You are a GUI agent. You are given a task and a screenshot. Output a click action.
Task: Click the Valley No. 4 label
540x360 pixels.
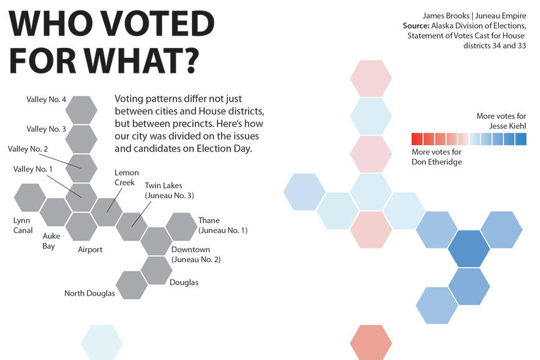point(46,99)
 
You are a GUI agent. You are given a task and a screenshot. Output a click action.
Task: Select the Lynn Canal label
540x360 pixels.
point(22,225)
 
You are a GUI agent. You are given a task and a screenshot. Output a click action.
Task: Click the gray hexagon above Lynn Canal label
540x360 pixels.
point(29,197)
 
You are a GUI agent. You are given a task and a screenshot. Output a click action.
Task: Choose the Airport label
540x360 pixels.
point(90,250)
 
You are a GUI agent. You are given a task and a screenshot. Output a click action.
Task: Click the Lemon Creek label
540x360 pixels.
point(126,178)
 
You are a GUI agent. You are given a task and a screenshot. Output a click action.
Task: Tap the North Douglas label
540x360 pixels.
point(90,293)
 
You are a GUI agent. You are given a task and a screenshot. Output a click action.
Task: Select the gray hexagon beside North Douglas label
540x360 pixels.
point(131,285)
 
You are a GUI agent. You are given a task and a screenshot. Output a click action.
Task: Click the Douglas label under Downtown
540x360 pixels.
point(184,282)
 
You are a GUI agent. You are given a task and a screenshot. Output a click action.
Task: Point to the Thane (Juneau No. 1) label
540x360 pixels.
point(222,225)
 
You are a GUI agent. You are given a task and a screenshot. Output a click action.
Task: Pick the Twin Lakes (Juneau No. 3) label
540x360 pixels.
point(169,191)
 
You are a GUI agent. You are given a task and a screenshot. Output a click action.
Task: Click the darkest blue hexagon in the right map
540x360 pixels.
point(463,249)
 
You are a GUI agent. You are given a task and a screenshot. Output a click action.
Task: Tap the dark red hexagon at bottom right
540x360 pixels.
point(371,342)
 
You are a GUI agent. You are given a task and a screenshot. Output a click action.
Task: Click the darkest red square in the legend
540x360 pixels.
point(417,139)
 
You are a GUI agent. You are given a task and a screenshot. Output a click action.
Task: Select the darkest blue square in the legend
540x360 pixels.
point(521,139)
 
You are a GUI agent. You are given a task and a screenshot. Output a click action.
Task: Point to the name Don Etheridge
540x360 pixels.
point(437,162)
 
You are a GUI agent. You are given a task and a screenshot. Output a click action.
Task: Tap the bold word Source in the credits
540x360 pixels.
point(415,26)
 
